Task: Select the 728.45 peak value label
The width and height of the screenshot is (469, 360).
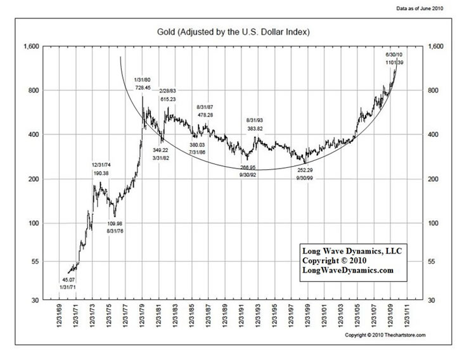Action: click(x=143, y=87)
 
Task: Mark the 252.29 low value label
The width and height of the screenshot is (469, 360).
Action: click(x=306, y=170)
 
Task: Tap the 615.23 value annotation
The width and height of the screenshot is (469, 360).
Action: click(x=168, y=99)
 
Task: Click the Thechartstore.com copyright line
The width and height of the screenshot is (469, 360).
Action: click(x=385, y=335)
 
